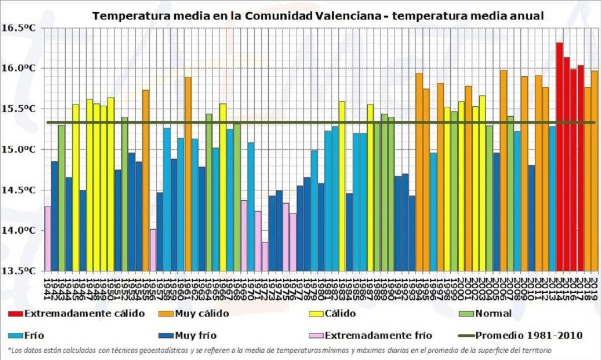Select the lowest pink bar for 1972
[x=265, y=257]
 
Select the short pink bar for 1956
[x=153, y=250]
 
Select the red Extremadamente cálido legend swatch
[x=16, y=314]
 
